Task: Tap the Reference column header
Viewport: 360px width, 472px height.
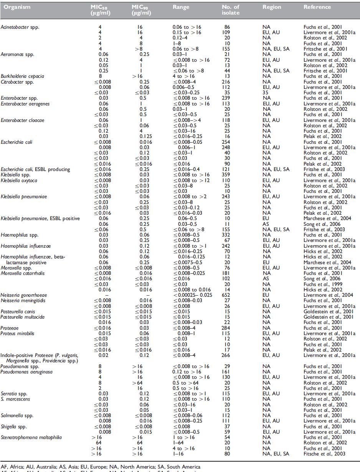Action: tap(317, 7)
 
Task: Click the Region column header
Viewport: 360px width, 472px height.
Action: tap(272, 7)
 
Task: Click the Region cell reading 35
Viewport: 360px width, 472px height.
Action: tap(266, 92)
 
